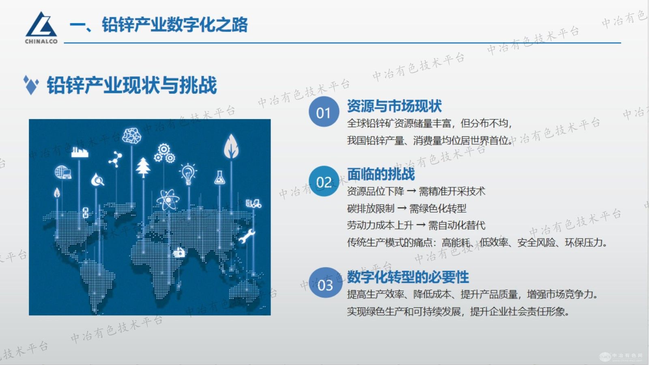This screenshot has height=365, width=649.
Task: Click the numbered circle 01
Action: point(323,112)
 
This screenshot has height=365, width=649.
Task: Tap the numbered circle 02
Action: point(323,181)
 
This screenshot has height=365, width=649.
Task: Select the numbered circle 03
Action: point(324,284)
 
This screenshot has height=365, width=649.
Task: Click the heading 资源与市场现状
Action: point(394,106)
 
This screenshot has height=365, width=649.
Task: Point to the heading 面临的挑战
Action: point(381,174)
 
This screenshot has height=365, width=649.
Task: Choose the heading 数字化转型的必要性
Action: point(408,277)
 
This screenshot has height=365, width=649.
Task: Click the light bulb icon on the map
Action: point(188,173)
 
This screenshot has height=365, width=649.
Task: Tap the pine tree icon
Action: point(143,167)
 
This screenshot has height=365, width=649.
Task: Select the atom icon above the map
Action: point(167,199)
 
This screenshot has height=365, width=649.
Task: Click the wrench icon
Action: point(246,236)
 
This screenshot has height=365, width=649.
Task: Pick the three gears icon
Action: point(164,153)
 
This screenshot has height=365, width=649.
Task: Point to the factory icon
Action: point(80,152)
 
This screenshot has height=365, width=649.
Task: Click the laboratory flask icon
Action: point(219,177)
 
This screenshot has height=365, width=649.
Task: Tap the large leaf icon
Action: point(231,146)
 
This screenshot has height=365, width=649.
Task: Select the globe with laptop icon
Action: point(63,172)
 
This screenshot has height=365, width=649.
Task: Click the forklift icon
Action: point(254,203)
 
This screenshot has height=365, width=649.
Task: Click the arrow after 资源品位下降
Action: point(411,191)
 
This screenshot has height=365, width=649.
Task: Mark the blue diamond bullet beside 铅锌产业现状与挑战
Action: point(31,85)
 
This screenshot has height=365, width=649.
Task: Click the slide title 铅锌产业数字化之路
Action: point(174,25)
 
